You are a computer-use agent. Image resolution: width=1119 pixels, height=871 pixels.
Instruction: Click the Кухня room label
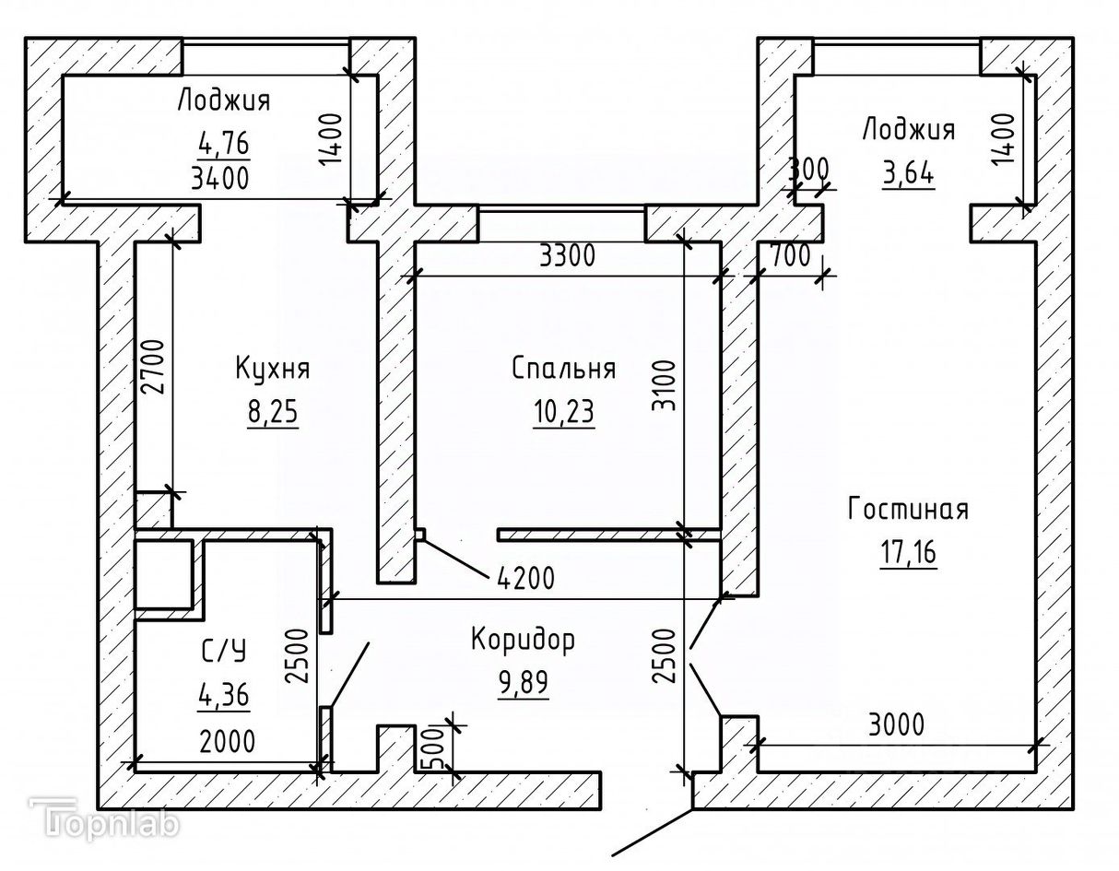point(272,370)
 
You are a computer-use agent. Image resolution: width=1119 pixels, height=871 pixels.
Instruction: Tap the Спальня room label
point(563,370)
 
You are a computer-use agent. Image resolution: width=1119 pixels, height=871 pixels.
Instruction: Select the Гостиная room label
point(908,509)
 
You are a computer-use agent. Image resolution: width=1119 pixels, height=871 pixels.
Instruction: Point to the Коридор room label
point(523,640)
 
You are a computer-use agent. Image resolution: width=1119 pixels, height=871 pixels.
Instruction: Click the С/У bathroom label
point(224,652)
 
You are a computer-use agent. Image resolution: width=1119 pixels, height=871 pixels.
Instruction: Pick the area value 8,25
point(272,410)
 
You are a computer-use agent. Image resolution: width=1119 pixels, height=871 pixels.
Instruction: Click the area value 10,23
point(563,410)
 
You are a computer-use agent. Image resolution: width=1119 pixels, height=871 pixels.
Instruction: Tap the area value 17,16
point(908,552)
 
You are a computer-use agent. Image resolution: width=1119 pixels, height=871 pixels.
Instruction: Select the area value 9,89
point(523,683)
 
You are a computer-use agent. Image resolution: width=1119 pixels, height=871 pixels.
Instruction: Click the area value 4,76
point(224,144)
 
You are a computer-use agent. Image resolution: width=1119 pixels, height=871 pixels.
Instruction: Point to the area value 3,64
point(908,172)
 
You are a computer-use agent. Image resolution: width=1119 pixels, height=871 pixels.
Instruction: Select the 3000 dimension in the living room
point(897,724)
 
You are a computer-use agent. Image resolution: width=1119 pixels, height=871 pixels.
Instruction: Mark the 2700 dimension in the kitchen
point(153,367)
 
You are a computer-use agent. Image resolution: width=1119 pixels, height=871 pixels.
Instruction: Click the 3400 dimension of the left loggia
point(219,178)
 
